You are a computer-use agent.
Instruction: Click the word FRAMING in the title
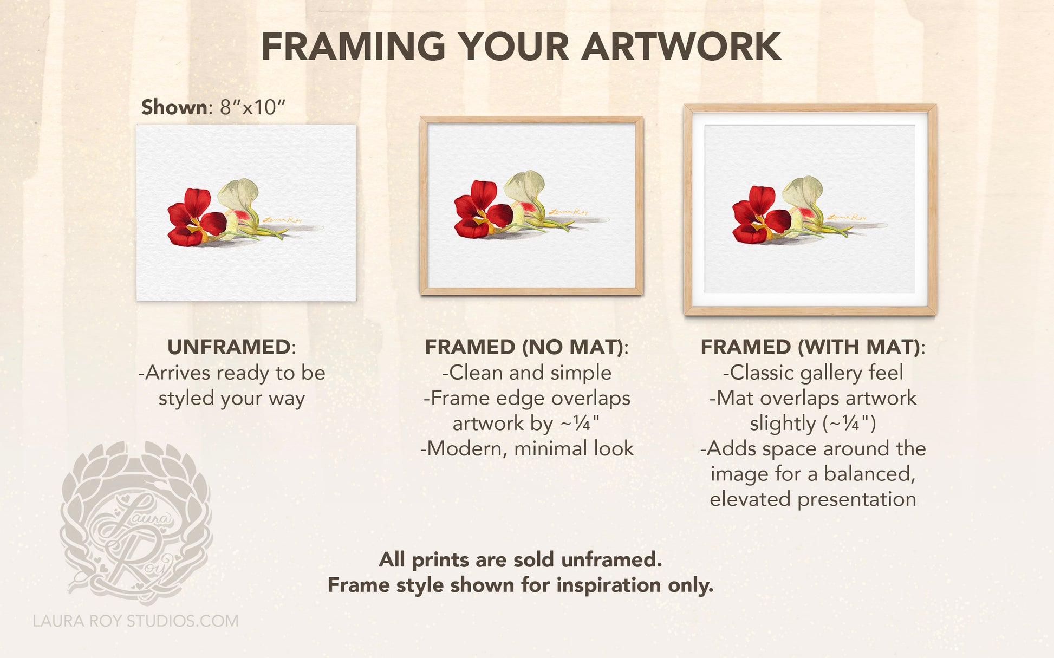pyautogui.click(x=353, y=47)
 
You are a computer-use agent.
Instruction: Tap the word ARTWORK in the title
pyautogui.click(x=681, y=47)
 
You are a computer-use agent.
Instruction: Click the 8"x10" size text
pyautogui.click(x=252, y=107)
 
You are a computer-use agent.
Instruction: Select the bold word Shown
pyautogui.click(x=174, y=107)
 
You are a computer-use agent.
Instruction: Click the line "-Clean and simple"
pyautogui.click(x=527, y=373)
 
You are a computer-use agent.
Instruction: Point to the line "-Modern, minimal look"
pyautogui.click(x=527, y=448)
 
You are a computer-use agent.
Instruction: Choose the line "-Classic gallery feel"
pyautogui.click(x=813, y=373)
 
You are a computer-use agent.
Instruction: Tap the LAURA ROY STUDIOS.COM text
pyautogui.click(x=135, y=621)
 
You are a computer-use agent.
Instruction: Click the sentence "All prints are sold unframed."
pyautogui.click(x=521, y=559)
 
